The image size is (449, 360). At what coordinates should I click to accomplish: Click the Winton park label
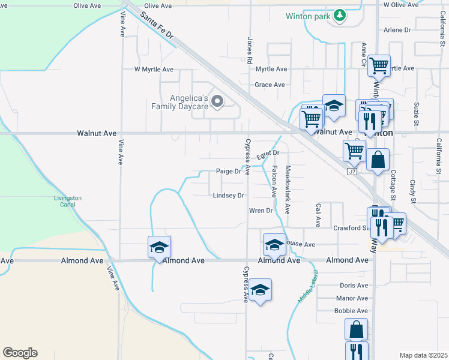click(x=308, y=16)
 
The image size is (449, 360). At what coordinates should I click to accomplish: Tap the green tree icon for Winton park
click(x=340, y=14)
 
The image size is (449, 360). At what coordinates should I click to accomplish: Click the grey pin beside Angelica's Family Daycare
click(x=217, y=101)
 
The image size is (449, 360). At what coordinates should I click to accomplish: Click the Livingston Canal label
click(x=67, y=201)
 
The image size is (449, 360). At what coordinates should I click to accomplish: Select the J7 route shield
click(x=352, y=172)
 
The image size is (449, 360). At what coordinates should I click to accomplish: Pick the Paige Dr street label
click(x=228, y=172)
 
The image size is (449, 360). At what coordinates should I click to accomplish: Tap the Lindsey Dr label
click(x=228, y=196)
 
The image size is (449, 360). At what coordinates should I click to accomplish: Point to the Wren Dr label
click(x=261, y=211)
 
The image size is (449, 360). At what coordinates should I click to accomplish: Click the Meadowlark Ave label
click(x=288, y=190)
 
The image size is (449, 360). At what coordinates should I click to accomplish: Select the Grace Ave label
click(x=270, y=85)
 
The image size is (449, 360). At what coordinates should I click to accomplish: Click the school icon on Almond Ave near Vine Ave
click(x=160, y=247)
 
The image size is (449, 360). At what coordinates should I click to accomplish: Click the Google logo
click(x=20, y=353)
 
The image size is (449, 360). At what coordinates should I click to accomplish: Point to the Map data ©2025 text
click(x=423, y=355)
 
